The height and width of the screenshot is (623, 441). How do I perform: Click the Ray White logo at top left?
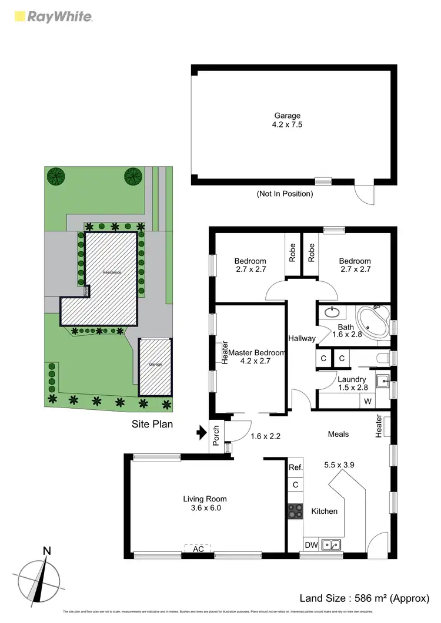52,16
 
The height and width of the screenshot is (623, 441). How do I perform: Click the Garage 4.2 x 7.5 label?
287,120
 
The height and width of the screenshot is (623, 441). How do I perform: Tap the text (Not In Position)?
285,193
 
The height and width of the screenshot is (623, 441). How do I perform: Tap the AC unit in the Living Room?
199,548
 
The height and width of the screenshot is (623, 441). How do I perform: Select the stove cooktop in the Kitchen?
295,511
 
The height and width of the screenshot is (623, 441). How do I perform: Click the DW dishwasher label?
311,545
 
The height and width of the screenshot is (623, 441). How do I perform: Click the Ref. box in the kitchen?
295,467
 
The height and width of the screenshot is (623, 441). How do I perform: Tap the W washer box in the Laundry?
367,402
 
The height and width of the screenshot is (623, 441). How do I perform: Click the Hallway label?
302,338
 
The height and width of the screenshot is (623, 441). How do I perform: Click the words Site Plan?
152,422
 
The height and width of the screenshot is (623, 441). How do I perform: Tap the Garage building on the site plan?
155,366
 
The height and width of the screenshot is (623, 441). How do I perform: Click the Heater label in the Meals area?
378,426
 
